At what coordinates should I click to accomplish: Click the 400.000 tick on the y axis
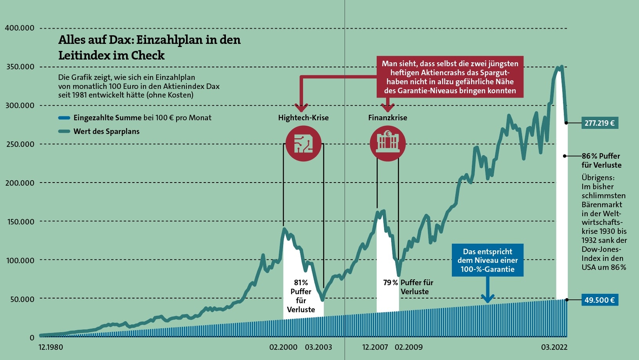click(x=20, y=28)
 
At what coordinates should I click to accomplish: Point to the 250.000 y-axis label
click(x=20, y=144)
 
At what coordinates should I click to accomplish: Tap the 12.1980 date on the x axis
click(x=51, y=347)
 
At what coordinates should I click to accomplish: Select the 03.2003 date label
click(x=318, y=347)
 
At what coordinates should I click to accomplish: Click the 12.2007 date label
click(x=375, y=347)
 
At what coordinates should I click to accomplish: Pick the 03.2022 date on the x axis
click(x=554, y=347)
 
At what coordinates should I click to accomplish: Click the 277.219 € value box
click(x=599, y=123)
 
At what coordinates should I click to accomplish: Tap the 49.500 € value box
click(x=599, y=300)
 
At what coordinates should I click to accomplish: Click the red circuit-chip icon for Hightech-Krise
click(x=303, y=143)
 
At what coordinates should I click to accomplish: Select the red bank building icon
click(x=388, y=143)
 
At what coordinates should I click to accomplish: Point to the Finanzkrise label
click(x=388, y=118)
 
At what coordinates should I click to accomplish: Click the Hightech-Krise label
click(x=303, y=118)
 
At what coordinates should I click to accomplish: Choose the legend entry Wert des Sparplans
click(x=106, y=131)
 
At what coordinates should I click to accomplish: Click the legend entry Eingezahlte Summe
click(x=107, y=118)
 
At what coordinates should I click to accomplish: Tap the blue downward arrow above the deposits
click(x=487, y=292)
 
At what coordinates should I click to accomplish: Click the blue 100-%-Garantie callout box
click(x=487, y=261)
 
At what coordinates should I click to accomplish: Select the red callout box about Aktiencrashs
click(x=450, y=77)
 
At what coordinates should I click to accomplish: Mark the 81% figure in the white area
click(x=301, y=282)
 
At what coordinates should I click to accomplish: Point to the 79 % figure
click(x=390, y=282)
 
